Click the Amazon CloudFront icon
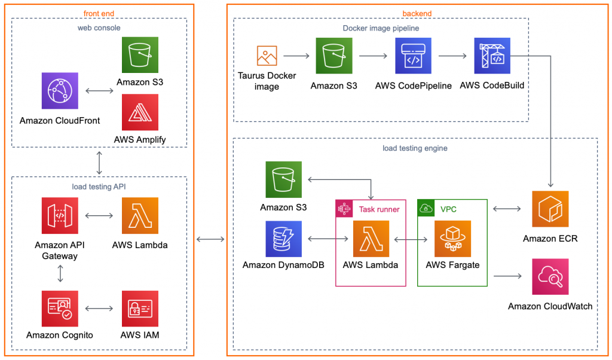tap(60, 91)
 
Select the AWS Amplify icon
tap(140, 112)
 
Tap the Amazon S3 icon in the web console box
tap(140, 55)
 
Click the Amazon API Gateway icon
tap(60, 215)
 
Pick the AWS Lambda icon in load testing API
tap(140, 215)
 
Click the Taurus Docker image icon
tap(267, 56)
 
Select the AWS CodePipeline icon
tap(413, 56)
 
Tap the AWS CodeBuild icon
tap(492, 56)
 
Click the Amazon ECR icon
tap(550, 209)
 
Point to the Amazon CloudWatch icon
tap(550, 276)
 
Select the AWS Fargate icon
tap(452, 239)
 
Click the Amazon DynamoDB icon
tap(283, 239)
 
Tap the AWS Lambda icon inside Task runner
tap(371, 239)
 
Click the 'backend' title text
tap(417, 13)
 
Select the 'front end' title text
tap(99, 13)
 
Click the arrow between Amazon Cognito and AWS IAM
tap(99, 309)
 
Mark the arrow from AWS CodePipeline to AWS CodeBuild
tap(452, 56)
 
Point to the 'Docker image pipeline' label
tap(381, 28)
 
